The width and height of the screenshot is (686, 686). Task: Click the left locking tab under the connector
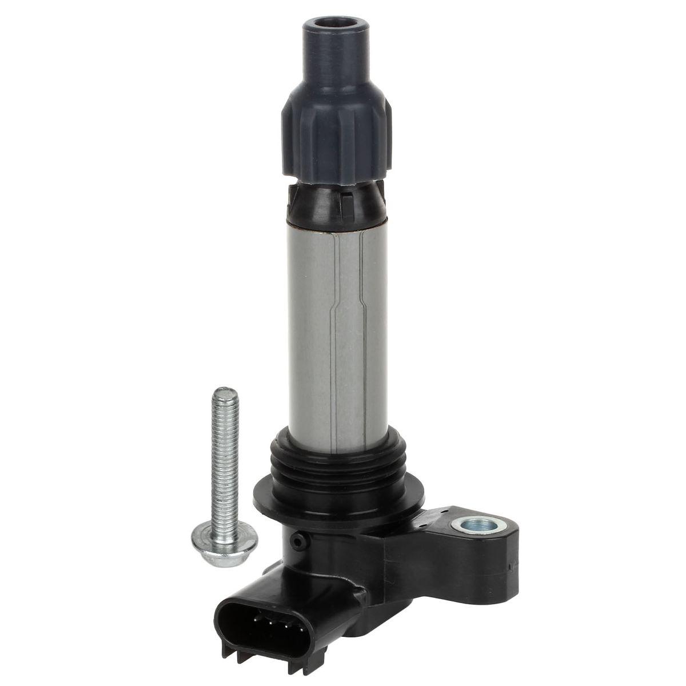click(x=228, y=655)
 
